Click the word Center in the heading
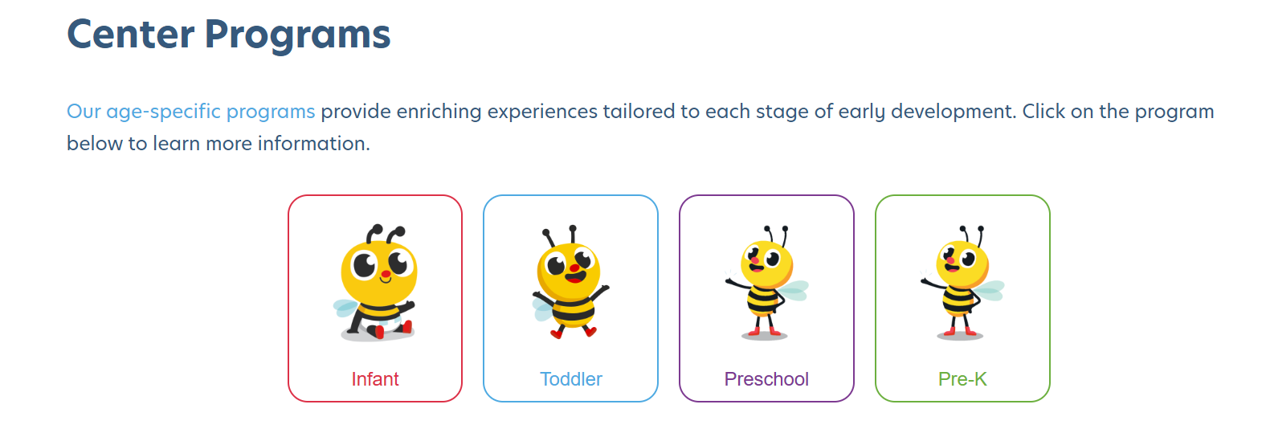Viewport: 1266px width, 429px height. [x=131, y=35]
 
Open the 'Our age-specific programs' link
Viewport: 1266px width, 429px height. [x=190, y=111]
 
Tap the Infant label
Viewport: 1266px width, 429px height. [x=375, y=379]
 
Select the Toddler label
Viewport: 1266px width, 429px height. [x=570, y=379]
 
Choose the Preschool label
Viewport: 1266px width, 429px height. [x=766, y=379]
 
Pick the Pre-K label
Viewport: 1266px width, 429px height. [x=962, y=379]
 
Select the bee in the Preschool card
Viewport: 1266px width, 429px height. [x=766, y=285]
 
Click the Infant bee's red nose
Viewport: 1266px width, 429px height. [x=386, y=274]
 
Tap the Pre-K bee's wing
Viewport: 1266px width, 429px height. [x=990, y=290]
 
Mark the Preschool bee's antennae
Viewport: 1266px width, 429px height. [x=776, y=234]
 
